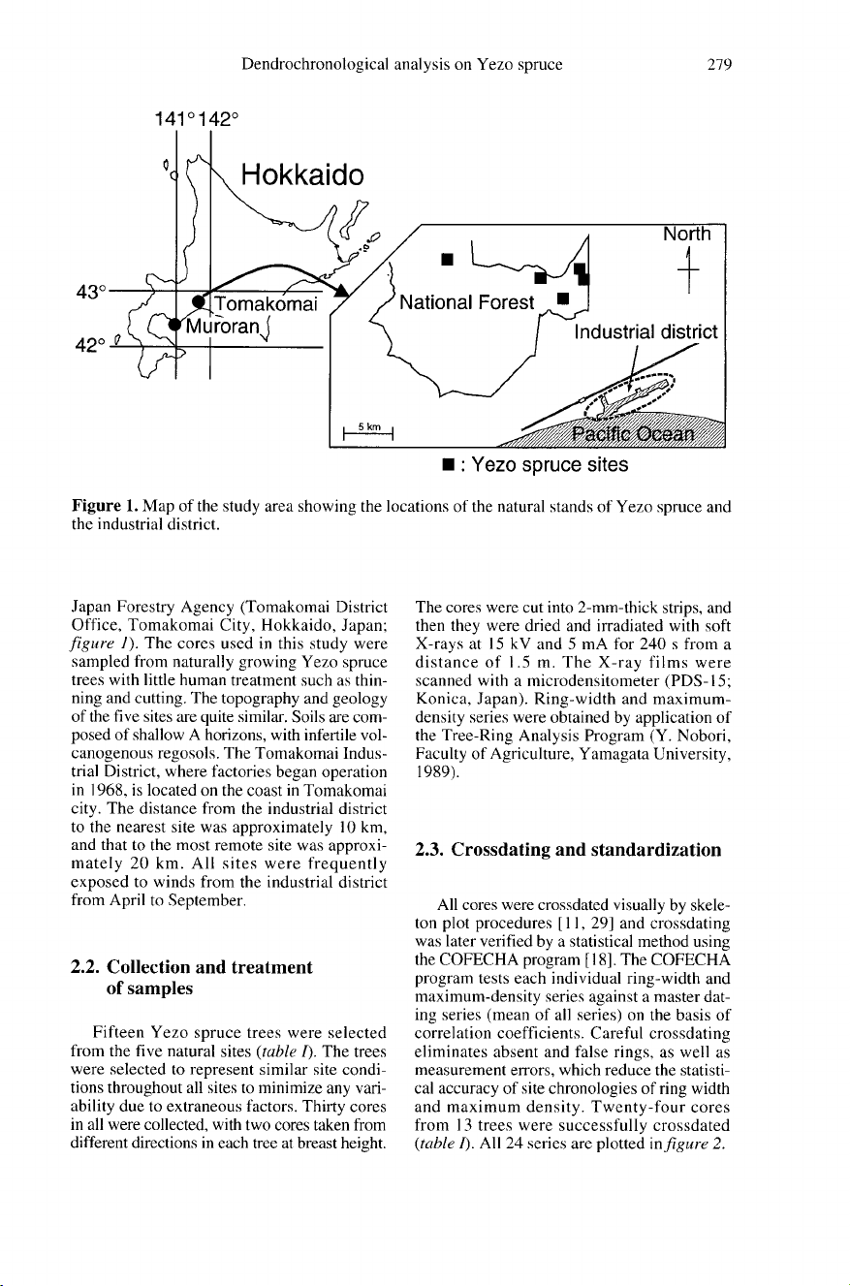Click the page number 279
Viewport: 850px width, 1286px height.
point(719,64)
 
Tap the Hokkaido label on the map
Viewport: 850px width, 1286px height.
point(302,174)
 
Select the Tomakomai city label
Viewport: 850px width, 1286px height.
point(266,303)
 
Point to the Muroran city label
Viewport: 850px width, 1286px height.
point(223,326)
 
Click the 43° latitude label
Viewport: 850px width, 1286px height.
point(92,292)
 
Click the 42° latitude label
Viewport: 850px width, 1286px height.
point(91,346)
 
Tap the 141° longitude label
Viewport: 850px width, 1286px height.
point(175,119)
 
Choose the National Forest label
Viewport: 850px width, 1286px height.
point(466,302)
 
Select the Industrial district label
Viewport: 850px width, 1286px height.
point(646,331)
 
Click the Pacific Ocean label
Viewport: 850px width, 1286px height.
point(632,433)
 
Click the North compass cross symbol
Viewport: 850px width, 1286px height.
point(688,268)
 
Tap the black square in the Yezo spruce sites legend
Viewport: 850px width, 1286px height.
point(449,464)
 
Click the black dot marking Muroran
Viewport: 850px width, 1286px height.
point(174,325)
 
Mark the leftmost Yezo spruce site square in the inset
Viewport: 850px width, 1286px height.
point(448,260)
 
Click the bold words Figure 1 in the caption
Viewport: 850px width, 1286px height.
point(105,507)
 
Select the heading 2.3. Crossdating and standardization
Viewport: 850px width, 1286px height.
point(568,850)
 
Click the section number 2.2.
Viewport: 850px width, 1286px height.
point(86,967)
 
